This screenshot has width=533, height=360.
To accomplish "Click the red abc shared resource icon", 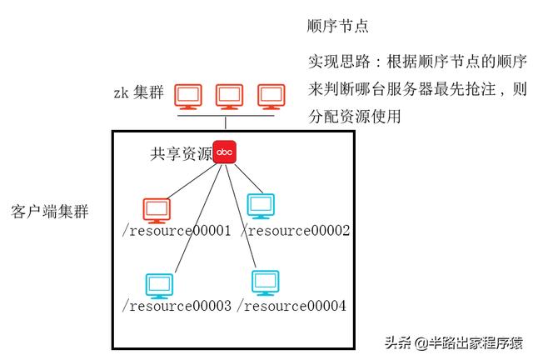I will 225,152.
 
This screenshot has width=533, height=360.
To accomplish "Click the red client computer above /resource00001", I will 156,209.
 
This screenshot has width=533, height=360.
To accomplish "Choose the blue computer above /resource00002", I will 261,206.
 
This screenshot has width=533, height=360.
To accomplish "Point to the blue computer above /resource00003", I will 159,285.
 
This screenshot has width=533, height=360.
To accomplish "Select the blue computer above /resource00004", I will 266,282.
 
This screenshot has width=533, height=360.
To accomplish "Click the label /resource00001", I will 177,231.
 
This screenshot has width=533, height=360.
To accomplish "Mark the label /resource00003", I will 177,306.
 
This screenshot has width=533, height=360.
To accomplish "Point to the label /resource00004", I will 291,306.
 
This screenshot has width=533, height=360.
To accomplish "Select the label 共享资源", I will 181,153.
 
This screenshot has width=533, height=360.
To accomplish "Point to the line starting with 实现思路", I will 417,63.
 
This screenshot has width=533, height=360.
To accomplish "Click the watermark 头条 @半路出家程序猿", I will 453,342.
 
